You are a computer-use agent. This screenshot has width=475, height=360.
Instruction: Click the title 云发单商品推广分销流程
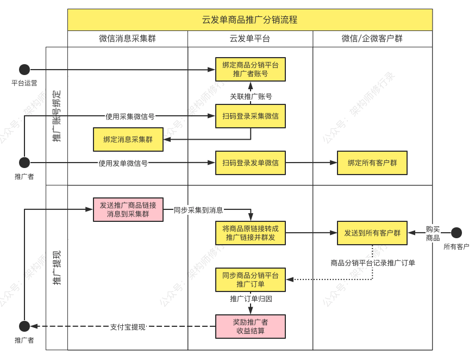pos(249,20)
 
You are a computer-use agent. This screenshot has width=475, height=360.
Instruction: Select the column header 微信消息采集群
pos(127,39)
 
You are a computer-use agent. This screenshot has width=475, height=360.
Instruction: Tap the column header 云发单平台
pos(249,39)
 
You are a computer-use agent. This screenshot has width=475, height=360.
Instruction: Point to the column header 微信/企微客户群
pos(372,39)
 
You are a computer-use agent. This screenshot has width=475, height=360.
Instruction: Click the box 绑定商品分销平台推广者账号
pos(250,70)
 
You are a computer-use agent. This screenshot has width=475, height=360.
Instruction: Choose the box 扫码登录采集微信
pos(250,116)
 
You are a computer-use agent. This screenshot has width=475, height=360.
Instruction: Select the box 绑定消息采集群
pos(128,139)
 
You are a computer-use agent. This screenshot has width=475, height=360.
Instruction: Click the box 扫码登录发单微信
pos(250,163)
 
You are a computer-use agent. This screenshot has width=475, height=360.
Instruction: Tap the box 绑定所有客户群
pos(372,163)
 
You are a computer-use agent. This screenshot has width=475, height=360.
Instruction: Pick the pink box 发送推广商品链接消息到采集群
pos(128,210)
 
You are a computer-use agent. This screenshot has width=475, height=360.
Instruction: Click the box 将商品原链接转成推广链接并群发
pos(250,233)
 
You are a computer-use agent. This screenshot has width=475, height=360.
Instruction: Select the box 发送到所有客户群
pos(372,233)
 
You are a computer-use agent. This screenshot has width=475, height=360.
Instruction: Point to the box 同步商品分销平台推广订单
pos(250,280)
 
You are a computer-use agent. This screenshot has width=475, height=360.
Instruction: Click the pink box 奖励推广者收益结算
pos(250,326)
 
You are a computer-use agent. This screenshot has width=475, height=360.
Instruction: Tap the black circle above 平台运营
pos(24,70)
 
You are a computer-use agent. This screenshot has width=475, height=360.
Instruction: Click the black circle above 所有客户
pos(456,233)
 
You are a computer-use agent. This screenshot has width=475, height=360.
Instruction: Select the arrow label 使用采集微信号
pos(130,116)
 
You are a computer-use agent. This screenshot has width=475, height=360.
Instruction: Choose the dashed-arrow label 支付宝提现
pos(128,327)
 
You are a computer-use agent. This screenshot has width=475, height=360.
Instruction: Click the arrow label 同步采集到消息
pos(198,210)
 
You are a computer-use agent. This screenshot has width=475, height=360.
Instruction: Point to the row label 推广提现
pos(57,268)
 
